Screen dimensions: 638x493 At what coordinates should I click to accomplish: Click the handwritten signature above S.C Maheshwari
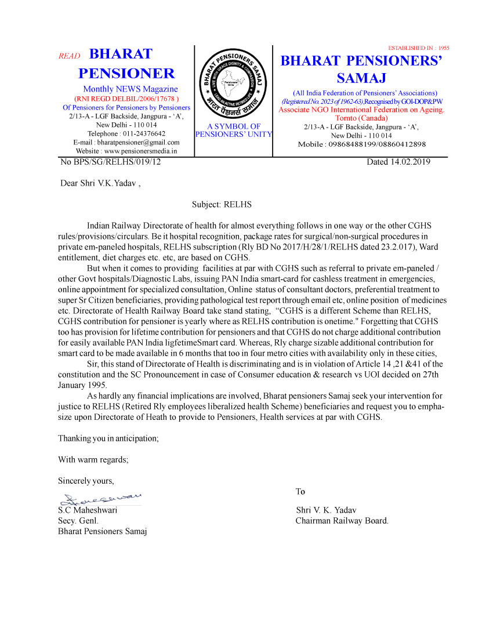pos(101,498)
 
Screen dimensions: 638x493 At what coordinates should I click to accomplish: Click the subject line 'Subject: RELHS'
pos(222,204)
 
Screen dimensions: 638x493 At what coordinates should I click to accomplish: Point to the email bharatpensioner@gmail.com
pos(126,142)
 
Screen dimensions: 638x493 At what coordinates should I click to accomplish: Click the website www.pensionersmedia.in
pos(126,151)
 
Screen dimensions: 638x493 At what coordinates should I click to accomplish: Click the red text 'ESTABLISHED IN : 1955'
pos(418,48)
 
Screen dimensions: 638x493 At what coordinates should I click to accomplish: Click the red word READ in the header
pos(69,56)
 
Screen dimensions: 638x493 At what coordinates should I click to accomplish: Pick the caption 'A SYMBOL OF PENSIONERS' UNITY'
pos(233,130)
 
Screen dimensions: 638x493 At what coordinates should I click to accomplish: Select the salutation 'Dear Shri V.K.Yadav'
pos(100,184)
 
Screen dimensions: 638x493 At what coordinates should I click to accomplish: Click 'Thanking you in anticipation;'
pos(108,438)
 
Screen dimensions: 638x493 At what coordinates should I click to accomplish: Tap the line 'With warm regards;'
pos(93,459)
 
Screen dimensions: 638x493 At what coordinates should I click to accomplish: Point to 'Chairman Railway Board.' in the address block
pos(342,520)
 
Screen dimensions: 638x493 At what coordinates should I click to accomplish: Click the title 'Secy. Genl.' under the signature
pos(78,520)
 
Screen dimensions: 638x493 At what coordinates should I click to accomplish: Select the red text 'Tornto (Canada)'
pos(361,118)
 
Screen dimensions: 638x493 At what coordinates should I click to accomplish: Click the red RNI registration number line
pos(126,99)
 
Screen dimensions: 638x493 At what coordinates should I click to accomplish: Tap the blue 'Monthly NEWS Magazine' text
pos(130,89)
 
